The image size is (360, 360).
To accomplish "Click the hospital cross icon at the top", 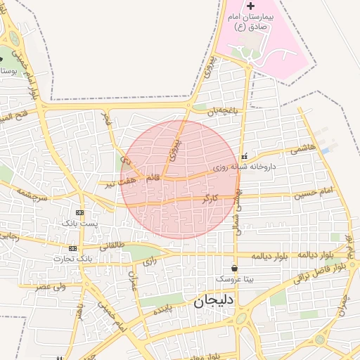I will tap(251, 6).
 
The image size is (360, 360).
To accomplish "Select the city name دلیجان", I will tap(211, 302).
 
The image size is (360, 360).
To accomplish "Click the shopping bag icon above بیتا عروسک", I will tap(234, 268).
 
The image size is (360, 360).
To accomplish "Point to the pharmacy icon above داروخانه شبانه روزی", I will tap(244, 156).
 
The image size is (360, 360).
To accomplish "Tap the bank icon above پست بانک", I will tap(79, 212).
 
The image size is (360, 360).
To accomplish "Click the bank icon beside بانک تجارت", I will tap(72, 248).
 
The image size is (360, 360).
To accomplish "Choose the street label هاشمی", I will tap(309, 149).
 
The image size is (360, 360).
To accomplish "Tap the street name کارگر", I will tap(210, 198).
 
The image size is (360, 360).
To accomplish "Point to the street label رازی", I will tap(149, 261).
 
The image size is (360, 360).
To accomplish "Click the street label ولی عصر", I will tap(51, 286).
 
